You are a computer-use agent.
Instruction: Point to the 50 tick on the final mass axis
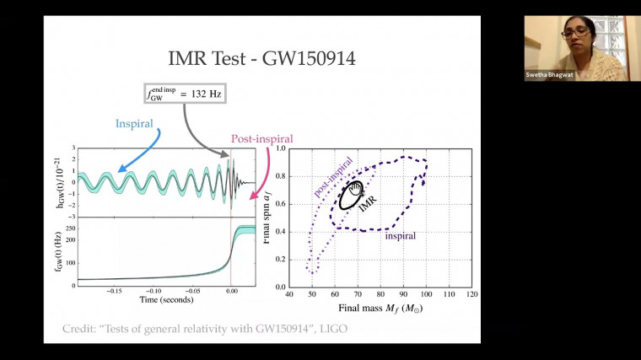[x=312, y=296]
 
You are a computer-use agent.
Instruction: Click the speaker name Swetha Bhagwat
[x=552, y=74]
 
